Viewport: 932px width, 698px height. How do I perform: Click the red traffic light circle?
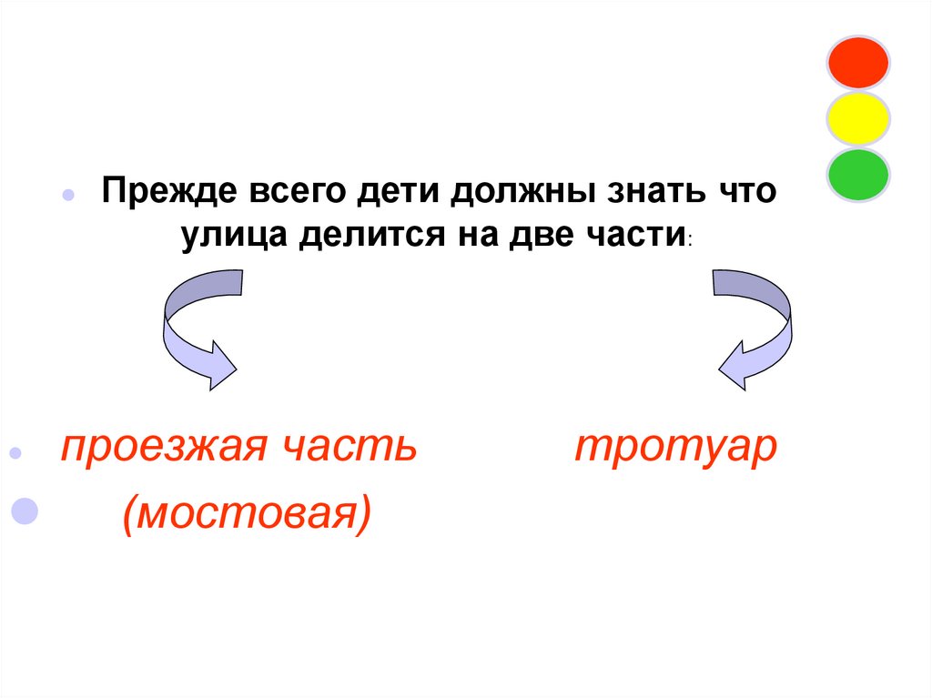(857, 63)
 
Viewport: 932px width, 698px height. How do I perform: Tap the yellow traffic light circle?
(857, 118)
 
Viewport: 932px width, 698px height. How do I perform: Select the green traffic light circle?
(857, 175)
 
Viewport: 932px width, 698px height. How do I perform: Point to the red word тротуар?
(676, 449)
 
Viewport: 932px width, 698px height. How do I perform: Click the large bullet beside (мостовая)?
(24, 511)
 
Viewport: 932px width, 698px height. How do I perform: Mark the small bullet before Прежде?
(67, 197)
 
